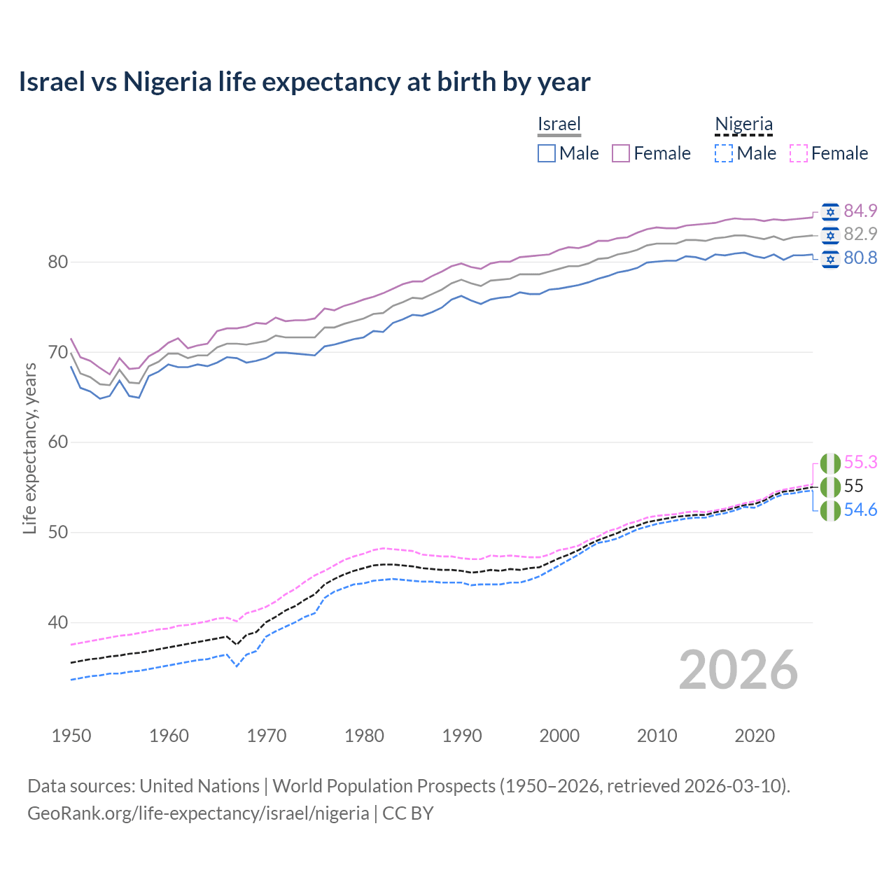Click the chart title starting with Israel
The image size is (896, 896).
point(304,82)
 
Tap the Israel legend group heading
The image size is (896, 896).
point(559,125)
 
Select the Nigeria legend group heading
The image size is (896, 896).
point(743,125)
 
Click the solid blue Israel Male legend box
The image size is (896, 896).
point(547,153)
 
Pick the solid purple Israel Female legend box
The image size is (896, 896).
point(621,153)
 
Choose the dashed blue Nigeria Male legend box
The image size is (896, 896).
point(724,153)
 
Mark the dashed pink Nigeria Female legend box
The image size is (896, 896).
point(798,153)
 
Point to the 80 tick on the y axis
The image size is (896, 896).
point(38,262)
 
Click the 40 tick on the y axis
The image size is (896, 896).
point(38,622)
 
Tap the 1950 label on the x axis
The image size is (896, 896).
point(71,736)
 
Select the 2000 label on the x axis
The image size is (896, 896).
point(559,736)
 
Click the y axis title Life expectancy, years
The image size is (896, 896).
point(30,448)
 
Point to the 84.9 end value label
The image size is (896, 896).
point(860,211)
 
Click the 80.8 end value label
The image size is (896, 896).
point(860,258)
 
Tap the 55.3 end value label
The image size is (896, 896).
point(860,463)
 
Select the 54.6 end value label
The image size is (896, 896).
point(860,510)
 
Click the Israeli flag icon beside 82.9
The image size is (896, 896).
point(830,234)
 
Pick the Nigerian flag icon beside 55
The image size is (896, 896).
point(830,486)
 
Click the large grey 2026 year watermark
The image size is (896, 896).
point(738,670)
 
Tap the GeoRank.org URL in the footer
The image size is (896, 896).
point(198,813)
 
